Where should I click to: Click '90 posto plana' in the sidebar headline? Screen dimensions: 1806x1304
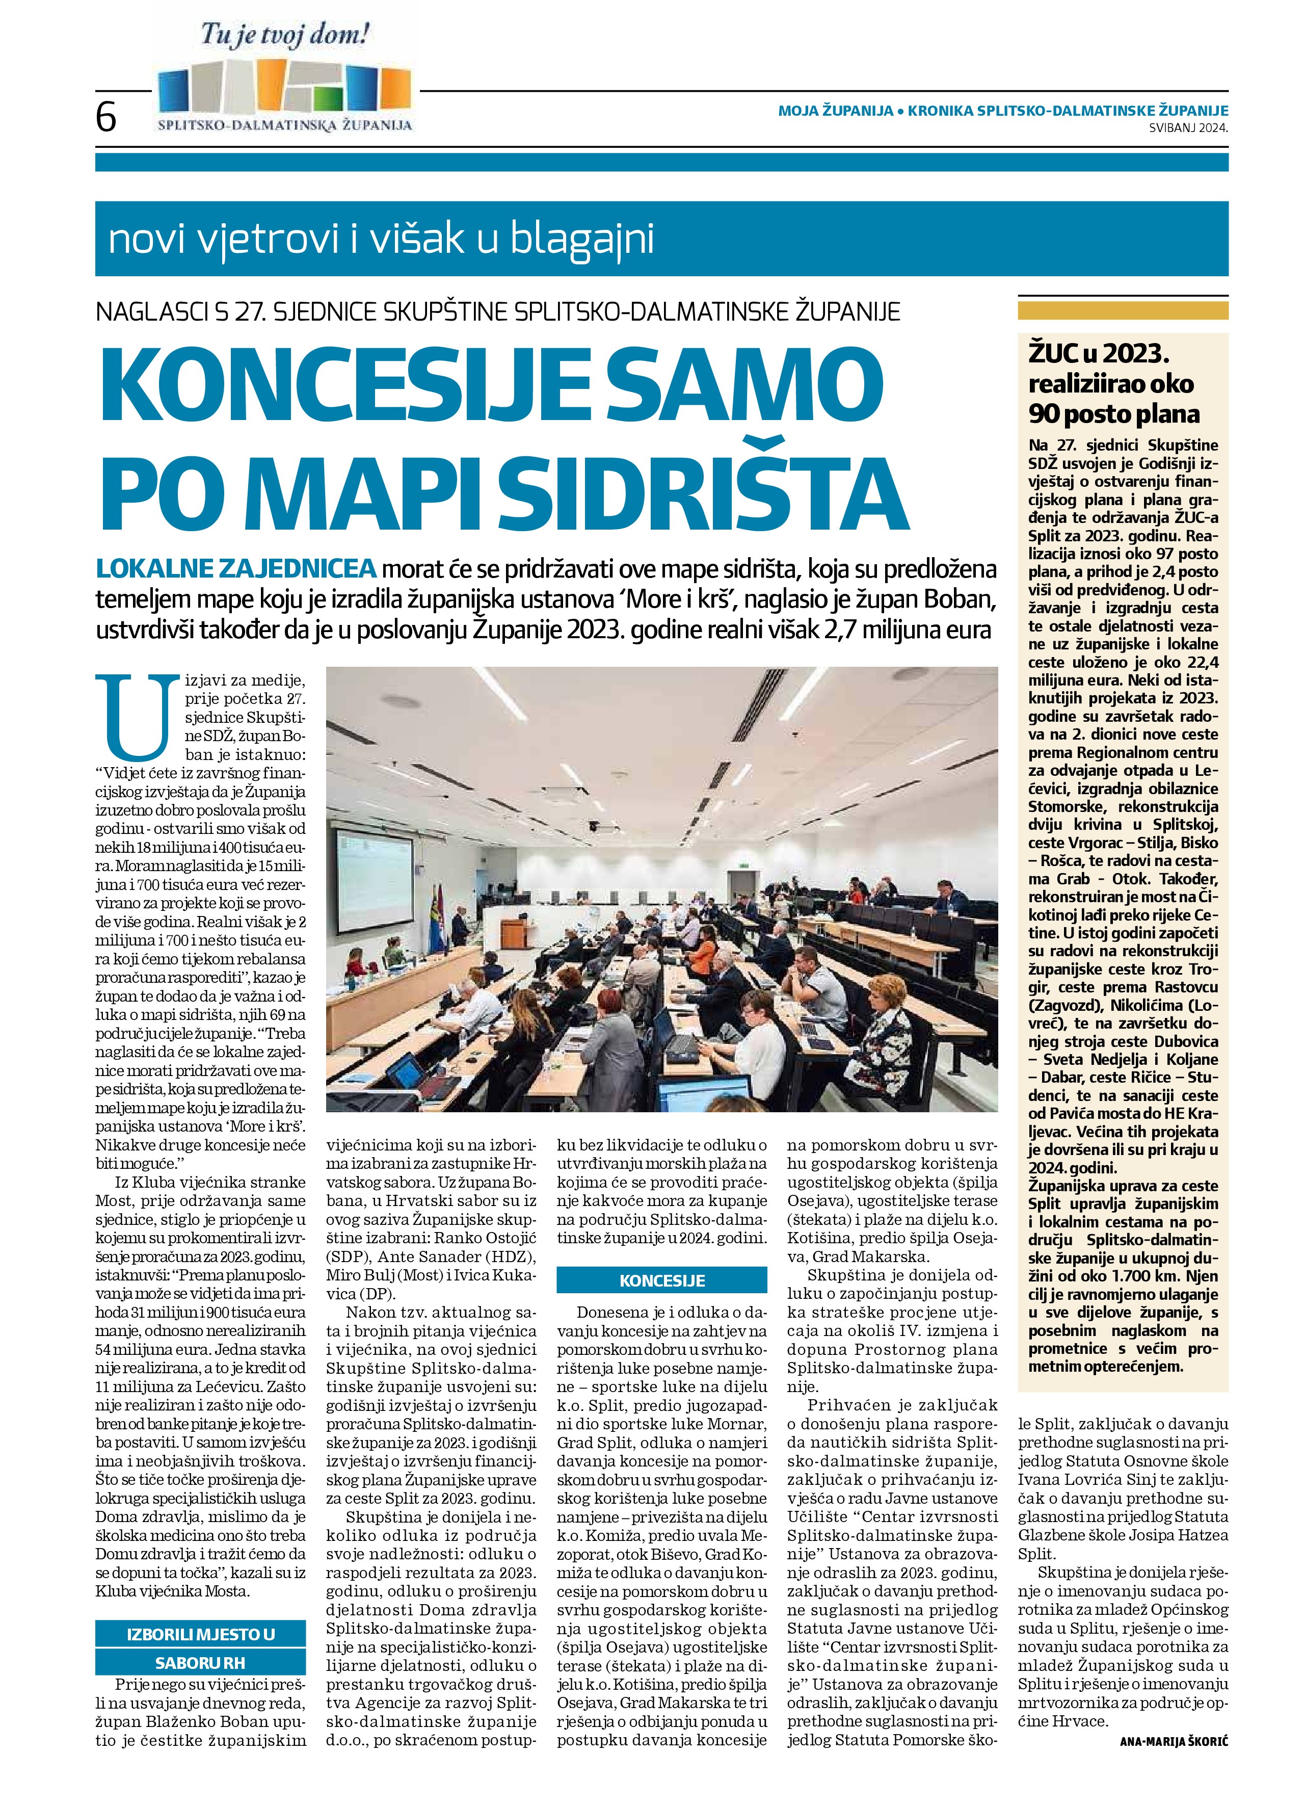(x=1114, y=415)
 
